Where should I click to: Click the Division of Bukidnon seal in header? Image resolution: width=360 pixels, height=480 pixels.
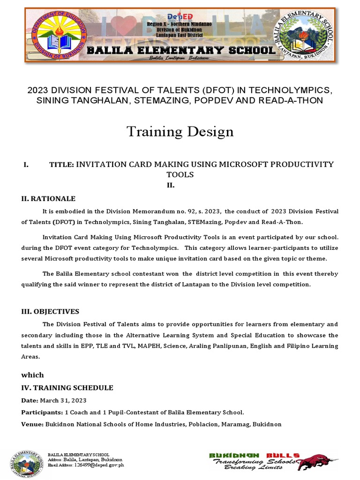pos(59,35)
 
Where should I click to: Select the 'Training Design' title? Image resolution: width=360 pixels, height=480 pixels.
pos(180,132)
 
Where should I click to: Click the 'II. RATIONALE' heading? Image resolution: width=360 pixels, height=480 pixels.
pos(48,199)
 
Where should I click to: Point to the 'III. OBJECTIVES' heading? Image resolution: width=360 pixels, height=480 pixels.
pos(50,311)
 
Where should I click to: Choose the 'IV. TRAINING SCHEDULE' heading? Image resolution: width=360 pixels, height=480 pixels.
pos(67,388)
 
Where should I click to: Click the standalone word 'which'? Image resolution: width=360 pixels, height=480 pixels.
pos(32,375)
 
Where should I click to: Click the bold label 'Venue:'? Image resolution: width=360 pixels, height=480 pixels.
pos(32,424)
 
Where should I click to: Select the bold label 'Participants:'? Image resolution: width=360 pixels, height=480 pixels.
pos(42,412)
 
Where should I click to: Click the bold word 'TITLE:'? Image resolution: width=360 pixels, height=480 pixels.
pos(61,164)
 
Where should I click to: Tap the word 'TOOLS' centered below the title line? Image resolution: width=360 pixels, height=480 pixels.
pos(180,174)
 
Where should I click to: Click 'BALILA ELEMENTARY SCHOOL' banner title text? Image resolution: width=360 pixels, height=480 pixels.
pos(180,50)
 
